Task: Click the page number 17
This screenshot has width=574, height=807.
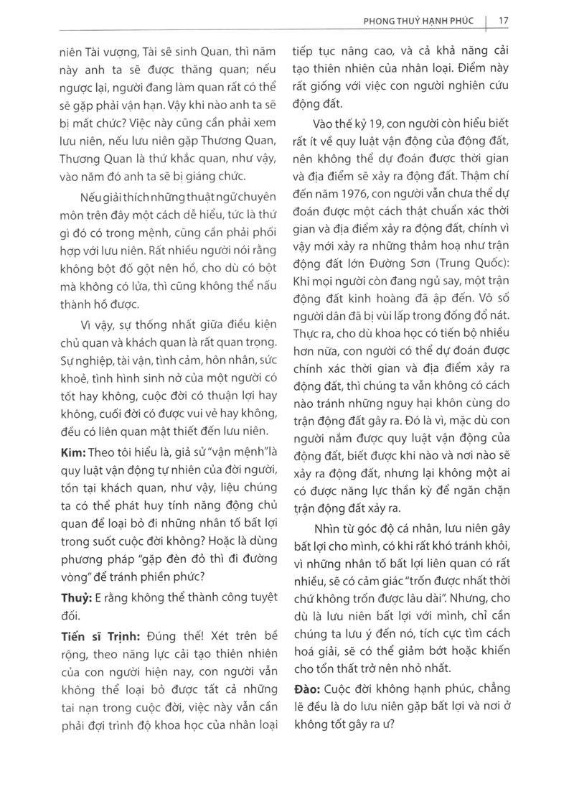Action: coord(503,20)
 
